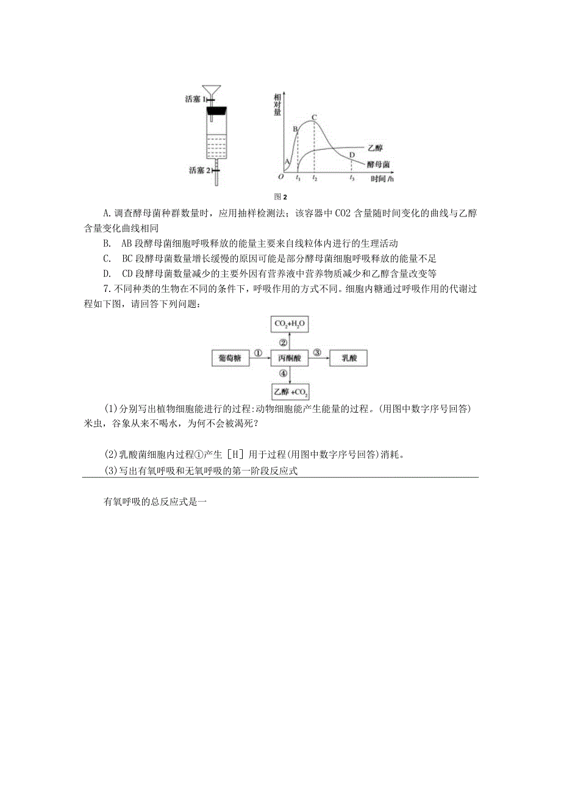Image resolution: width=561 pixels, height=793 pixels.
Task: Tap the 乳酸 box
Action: pos(348,358)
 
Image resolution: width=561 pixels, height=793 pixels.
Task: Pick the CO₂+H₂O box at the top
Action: pos(290,324)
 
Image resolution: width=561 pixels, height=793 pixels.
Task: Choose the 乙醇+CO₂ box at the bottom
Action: pos(290,391)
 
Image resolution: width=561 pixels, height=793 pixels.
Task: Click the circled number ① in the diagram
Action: pos(258,352)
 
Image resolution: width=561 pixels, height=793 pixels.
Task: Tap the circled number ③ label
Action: pos(318,352)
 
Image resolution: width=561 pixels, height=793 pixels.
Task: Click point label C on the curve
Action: pos(315,116)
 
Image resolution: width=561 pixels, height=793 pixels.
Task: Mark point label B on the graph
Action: pos(295,129)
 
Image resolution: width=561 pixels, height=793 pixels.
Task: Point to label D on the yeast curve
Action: pos(352,155)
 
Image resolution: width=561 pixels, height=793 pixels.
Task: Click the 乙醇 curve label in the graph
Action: pos(376,148)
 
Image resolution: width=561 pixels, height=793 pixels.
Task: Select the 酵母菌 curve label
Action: pos(379,165)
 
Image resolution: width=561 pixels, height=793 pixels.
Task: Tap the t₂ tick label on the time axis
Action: pos(315,179)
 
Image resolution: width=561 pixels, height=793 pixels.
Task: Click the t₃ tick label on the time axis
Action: pos(352,179)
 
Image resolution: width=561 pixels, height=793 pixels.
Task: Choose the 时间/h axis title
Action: pos(382,179)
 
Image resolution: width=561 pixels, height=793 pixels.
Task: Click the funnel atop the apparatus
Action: pos(213,90)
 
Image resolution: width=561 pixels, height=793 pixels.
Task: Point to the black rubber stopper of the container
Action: pos(216,112)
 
